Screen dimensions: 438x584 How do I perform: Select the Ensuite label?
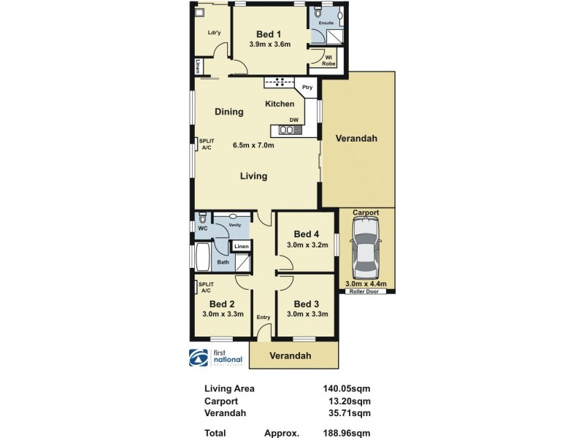tap(327, 23)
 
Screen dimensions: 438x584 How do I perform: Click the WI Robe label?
tap(329, 61)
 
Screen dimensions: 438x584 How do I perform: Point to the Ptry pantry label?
tap(307, 86)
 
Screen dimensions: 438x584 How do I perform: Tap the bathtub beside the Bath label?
tap(202, 258)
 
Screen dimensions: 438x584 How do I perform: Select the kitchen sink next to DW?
tap(286, 131)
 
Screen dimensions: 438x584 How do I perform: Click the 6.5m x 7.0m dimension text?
tap(253, 145)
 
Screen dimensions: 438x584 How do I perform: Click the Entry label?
tap(263, 318)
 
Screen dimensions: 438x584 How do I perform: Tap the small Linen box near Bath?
tap(242, 247)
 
